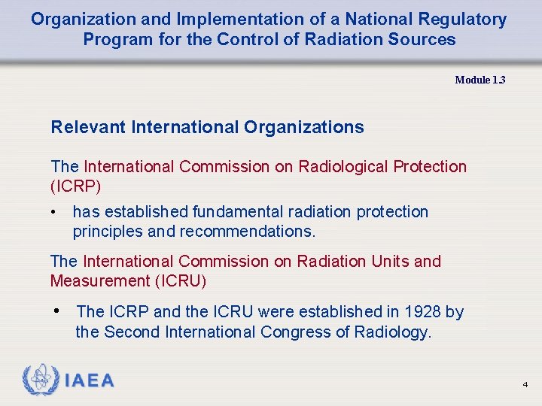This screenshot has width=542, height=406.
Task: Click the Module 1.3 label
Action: (480, 80)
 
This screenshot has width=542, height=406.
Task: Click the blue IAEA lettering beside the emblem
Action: (90, 381)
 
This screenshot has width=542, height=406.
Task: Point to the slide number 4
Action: (525, 385)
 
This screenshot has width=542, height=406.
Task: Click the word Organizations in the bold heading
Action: (303, 127)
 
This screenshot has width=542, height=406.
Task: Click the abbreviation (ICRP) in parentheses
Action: (75, 185)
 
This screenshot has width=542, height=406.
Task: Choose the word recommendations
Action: (248, 232)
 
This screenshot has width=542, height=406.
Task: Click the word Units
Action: (387, 262)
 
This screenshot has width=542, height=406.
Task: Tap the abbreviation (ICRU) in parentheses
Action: (181, 281)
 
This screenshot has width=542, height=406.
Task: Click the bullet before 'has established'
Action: (54, 213)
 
